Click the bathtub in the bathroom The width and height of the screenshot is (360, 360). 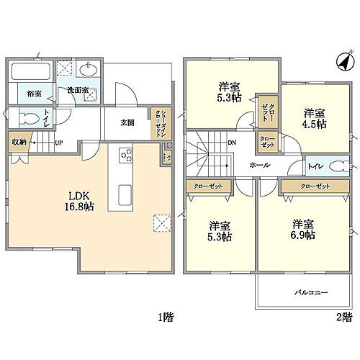tap(29, 73)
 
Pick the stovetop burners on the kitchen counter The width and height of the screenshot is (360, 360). tap(127, 154)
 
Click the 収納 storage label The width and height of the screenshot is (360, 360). tap(17, 141)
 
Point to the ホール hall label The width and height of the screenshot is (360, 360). tap(261, 165)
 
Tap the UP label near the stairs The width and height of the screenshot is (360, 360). tap(58, 143)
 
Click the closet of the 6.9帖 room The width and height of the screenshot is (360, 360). tap(310, 186)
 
